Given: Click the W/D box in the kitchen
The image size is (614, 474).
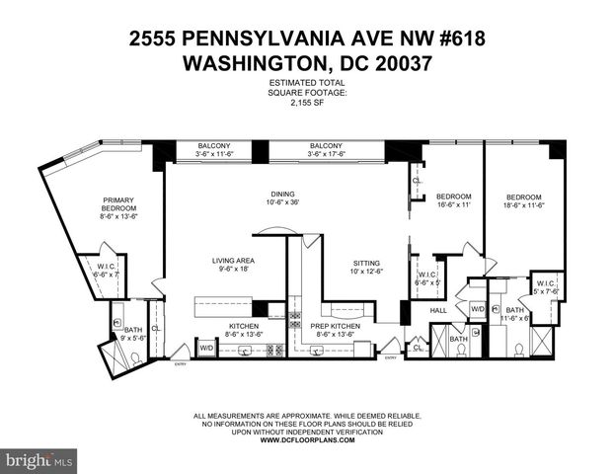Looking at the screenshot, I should [207, 348].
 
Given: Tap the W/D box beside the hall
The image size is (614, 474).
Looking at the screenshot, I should [477, 309].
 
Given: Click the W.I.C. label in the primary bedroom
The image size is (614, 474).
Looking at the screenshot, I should [108, 270].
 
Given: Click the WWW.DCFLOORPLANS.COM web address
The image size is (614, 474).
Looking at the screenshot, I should [306, 440].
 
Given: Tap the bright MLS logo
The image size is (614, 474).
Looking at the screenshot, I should [39, 460].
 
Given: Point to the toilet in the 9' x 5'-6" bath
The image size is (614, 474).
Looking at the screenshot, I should [136, 357].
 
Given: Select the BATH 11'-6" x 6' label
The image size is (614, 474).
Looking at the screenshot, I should [515, 314].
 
